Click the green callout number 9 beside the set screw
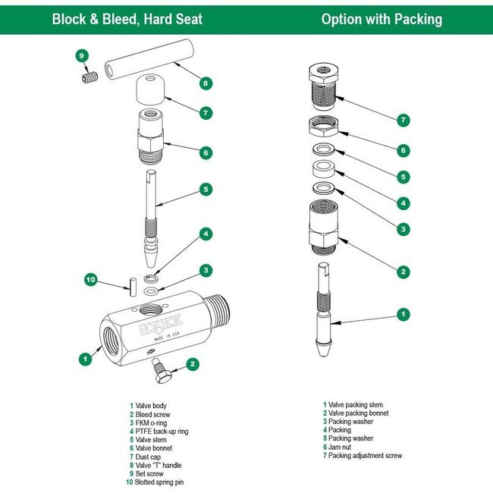click(83, 55)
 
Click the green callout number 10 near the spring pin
click(91, 280)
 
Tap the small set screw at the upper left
click(89, 77)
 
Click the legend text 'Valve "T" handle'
click(160, 465)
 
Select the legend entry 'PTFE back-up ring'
click(162, 432)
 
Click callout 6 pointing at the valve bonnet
click(206, 152)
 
